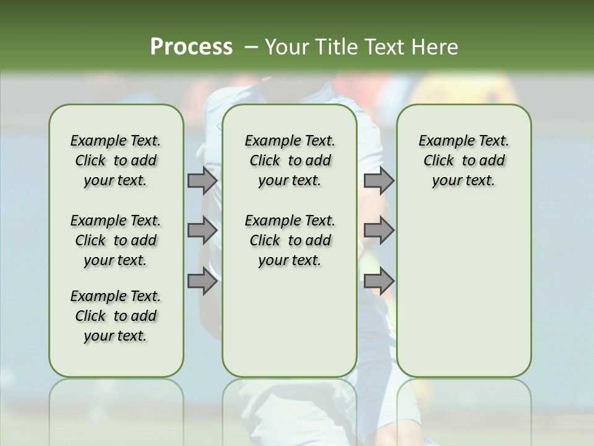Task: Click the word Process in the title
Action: coord(191,46)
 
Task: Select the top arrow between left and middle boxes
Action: coord(202,181)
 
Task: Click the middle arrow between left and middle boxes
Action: coord(202,230)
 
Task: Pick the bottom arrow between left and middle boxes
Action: coord(202,281)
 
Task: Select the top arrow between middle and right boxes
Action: coord(379,181)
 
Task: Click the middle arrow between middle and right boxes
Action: coord(379,230)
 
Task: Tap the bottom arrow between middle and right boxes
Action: coord(379,281)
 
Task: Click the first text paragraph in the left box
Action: coord(116,160)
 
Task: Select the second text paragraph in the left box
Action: coord(116,240)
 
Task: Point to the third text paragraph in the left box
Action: coord(116,316)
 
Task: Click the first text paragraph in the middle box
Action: coord(290,160)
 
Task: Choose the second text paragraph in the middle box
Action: coord(290,240)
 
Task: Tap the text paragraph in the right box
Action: coord(463,160)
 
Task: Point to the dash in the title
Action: coord(251,46)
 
